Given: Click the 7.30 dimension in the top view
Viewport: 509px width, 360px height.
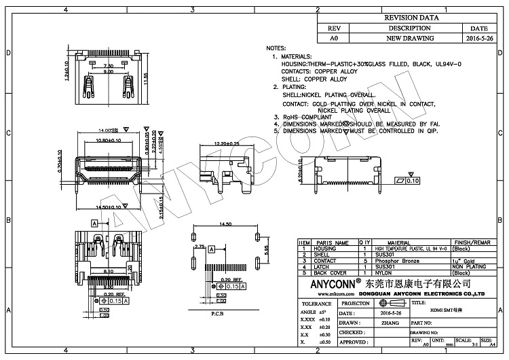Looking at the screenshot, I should click(x=108, y=65).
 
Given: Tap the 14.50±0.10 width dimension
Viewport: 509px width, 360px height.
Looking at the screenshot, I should click(x=108, y=206).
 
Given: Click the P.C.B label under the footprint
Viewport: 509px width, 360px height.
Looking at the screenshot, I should click(x=217, y=314).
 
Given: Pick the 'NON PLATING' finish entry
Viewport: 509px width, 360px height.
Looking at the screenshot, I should click(x=470, y=266).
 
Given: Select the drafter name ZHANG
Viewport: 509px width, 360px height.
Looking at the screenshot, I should click(x=390, y=323).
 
